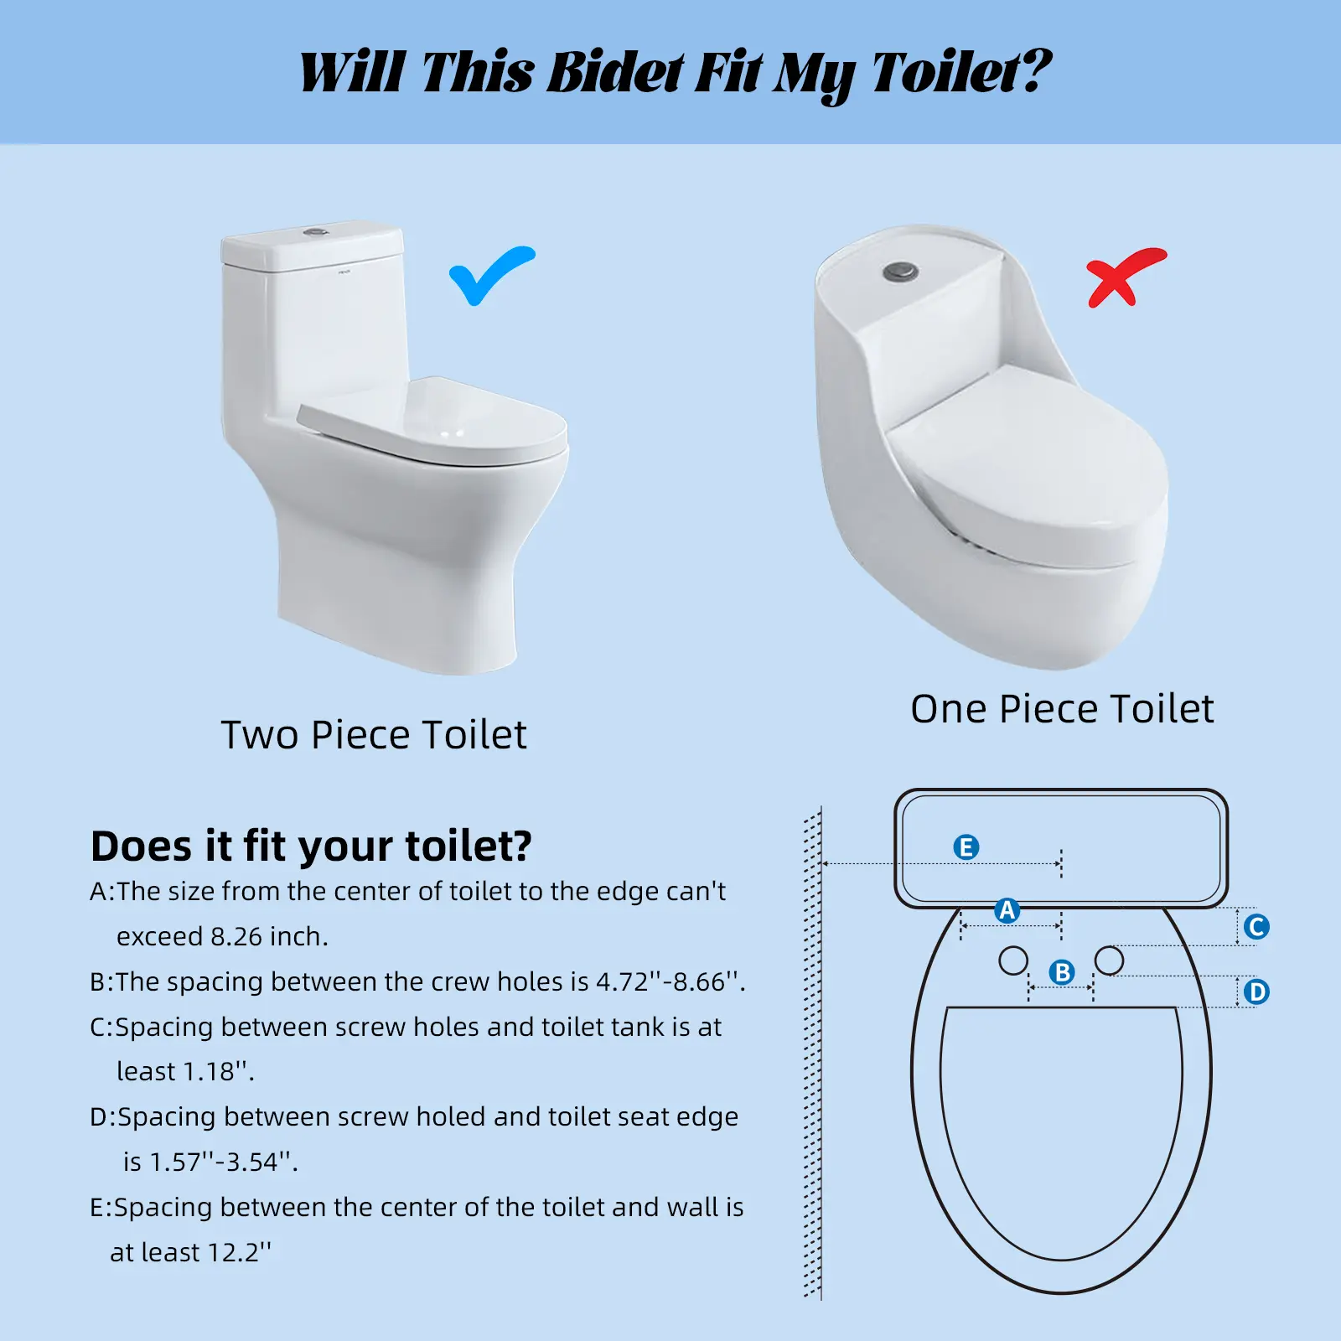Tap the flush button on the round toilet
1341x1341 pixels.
pyautogui.click(x=900, y=272)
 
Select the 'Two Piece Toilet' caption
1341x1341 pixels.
pyautogui.click(x=374, y=735)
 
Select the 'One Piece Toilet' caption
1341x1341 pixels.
pyautogui.click(x=1062, y=709)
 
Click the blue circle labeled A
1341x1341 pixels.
pyautogui.click(x=1007, y=910)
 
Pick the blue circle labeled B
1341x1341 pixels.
pyautogui.click(x=1062, y=972)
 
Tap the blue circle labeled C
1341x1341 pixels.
pyautogui.click(x=1256, y=927)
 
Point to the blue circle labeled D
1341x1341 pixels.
pyautogui.click(x=1256, y=992)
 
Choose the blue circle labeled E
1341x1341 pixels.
pyautogui.click(x=966, y=847)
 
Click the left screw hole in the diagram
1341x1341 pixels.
pyautogui.click(x=1013, y=960)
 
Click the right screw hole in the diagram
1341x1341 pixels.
pyautogui.click(x=1109, y=960)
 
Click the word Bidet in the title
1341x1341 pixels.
pyautogui.click(x=616, y=72)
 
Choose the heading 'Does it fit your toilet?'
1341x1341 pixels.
pyautogui.click(x=311, y=847)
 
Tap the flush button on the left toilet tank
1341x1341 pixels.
pyautogui.click(x=316, y=229)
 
